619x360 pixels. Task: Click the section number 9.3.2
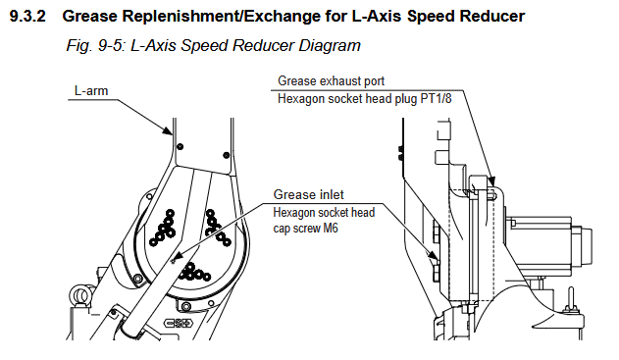27,17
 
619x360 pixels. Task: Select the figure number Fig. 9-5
95,46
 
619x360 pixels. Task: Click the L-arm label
91,91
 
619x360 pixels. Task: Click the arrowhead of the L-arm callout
169,131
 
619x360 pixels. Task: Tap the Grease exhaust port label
331,80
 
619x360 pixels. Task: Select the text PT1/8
436,98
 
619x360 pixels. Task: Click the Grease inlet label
308,194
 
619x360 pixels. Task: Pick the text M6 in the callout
331,229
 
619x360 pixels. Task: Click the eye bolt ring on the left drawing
80,296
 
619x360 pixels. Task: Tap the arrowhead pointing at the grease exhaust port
491,181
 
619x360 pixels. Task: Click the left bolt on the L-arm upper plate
181,146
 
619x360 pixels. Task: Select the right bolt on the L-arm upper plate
227,155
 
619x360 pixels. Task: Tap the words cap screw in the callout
296,229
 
